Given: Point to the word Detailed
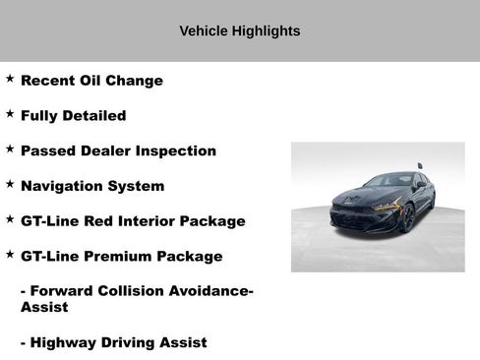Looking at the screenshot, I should click(x=91, y=116).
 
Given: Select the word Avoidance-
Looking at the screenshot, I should click(x=208, y=291).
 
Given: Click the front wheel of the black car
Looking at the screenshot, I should click(x=407, y=219).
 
